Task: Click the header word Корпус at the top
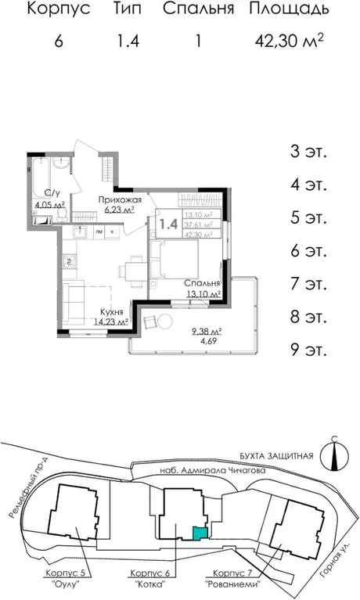[59, 10]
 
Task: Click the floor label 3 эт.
[308, 151]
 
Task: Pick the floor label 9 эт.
[308, 350]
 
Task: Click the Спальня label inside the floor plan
[202, 283]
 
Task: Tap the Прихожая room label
[118, 200]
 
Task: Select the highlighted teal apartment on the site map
[200, 534]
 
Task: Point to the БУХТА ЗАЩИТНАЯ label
[278, 456]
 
